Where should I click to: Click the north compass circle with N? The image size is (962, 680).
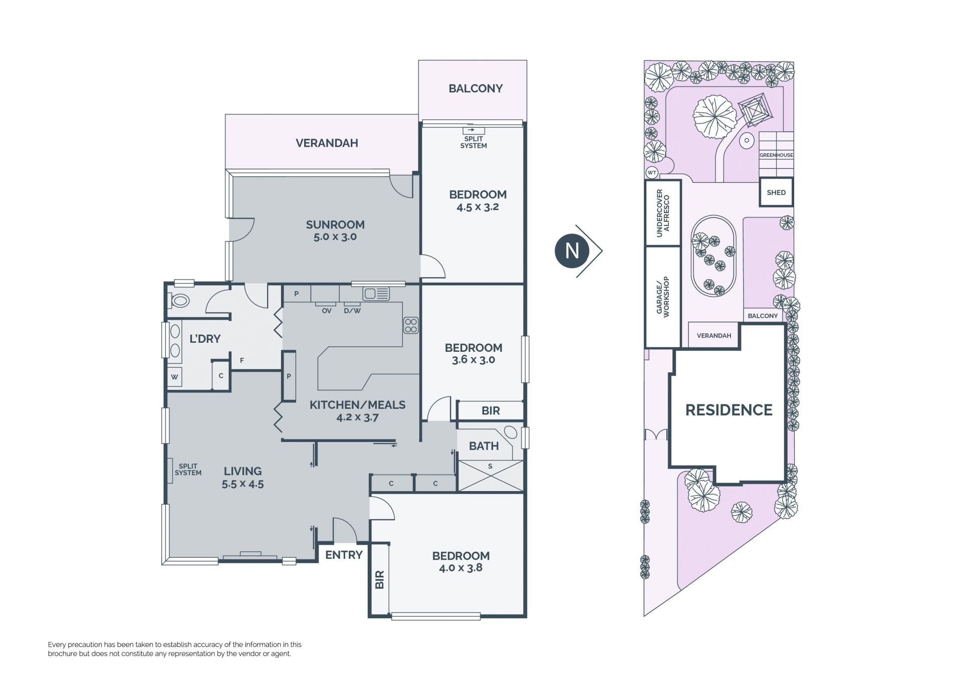click(572, 251)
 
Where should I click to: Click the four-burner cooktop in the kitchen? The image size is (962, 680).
click(411, 325)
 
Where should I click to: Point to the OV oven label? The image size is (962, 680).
click(327, 311)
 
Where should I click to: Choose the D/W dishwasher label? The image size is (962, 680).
click(352, 311)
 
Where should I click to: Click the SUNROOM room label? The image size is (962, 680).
click(335, 224)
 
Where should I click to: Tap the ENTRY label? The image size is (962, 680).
click(344, 555)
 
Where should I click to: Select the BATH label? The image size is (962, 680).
click(484, 445)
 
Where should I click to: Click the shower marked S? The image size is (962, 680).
click(491, 476)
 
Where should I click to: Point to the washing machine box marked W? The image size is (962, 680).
click(175, 377)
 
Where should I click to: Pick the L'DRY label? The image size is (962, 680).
click(205, 339)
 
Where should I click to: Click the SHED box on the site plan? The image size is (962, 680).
click(776, 192)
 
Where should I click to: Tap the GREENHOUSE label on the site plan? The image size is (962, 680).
click(776, 155)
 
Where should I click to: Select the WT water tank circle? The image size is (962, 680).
click(652, 173)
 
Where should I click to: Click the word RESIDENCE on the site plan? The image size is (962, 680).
click(729, 410)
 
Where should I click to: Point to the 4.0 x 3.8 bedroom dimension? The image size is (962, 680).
click(461, 568)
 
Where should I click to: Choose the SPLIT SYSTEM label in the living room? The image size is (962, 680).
click(188, 470)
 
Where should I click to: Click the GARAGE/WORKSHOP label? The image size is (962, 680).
click(662, 296)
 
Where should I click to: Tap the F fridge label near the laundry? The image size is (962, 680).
click(242, 360)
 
